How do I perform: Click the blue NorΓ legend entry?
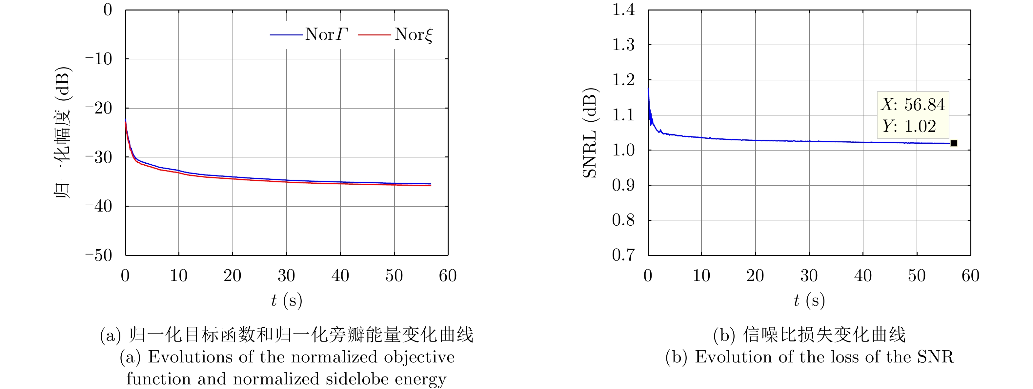pyautogui.click(x=309, y=35)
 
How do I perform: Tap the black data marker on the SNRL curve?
pyautogui.click(x=954, y=143)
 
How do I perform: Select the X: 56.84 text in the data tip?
pyautogui.click(x=913, y=105)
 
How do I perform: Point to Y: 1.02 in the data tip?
pyautogui.click(x=909, y=126)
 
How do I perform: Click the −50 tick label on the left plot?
pyautogui.click(x=98, y=255)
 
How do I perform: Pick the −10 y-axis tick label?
pyautogui.click(x=98, y=59)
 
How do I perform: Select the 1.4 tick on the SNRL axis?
pyautogui.click(x=623, y=10)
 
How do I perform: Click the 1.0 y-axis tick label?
pyautogui.click(x=623, y=150)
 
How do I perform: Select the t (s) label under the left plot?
pyautogui.click(x=286, y=300)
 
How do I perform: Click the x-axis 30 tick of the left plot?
pyautogui.click(x=286, y=276)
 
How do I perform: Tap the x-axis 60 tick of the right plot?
pyautogui.click(x=970, y=276)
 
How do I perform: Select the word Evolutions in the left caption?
pyautogui.click(x=191, y=357)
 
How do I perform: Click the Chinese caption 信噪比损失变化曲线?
pyautogui.click(x=824, y=335)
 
